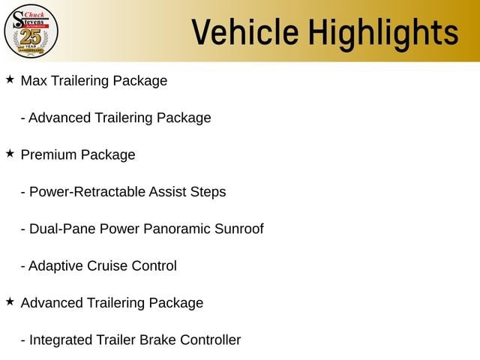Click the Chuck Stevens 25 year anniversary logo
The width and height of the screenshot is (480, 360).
pos(31,31)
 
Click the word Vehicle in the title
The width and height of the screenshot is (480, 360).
pos(245,31)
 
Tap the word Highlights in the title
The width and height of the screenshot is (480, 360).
pos(383,34)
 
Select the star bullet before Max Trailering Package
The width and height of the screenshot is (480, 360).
pos(10,79)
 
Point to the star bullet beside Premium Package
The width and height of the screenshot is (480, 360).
pos(10,153)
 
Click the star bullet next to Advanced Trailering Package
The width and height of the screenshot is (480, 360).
pos(10,301)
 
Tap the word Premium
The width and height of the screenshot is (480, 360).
pos(49,154)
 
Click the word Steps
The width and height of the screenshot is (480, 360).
pos(208,192)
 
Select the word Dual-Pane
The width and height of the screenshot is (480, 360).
pos(62,229)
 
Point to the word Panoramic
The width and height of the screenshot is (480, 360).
pos(177,229)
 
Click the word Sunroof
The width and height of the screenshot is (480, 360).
pos(238,229)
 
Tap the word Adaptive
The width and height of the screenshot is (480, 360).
pos(55,266)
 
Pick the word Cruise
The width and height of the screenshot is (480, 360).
pos(107,266)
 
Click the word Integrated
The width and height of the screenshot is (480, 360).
pos(61,340)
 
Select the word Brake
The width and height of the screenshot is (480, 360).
pos(158,340)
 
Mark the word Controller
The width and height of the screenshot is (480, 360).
pos(210,340)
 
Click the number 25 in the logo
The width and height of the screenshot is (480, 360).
pos(30,37)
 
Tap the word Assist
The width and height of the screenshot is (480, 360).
pos(167,192)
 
